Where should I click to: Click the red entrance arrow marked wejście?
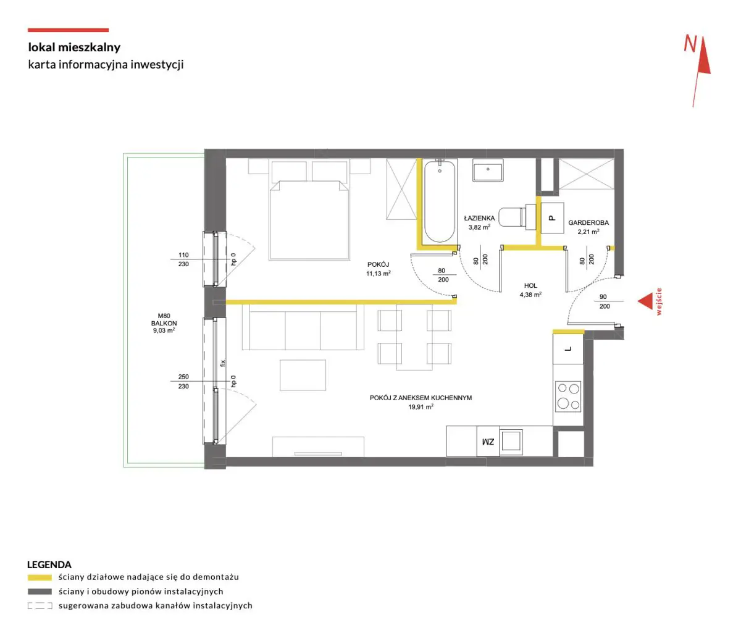[645, 301]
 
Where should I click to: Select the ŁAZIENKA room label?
[479, 218]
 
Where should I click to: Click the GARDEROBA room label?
[588, 222]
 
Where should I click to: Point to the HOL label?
[530, 285]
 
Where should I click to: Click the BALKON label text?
[164, 323]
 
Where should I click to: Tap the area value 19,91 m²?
[421, 407]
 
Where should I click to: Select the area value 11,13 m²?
[379, 274]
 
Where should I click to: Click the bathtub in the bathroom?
[440, 201]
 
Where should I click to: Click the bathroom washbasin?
[488, 170]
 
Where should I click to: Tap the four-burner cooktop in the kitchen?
[568, 397]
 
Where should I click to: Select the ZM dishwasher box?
[488, 441]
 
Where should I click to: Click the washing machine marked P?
[552, 217]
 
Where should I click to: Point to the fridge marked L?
[568, 350]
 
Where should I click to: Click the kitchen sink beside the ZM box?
[511, 440]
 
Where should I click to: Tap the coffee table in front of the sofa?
[303, 376]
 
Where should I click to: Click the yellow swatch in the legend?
[40, 577]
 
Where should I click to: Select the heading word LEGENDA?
[49, 565]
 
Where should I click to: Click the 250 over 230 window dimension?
[183, 381]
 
